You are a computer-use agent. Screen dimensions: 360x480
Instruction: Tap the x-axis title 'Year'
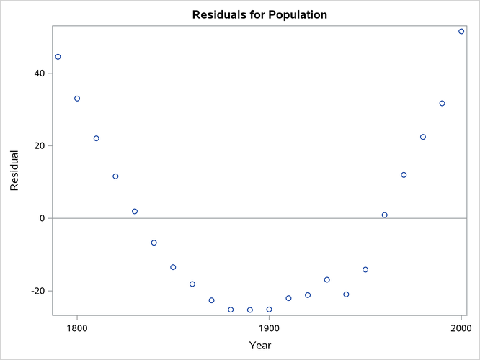click(x=259, y=346)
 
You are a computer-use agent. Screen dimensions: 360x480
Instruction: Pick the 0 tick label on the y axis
click(x=43, y=218)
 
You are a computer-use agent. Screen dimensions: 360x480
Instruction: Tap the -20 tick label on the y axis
click(x=37, y=291)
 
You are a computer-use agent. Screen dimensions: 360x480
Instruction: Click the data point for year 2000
click(x=461, y=32)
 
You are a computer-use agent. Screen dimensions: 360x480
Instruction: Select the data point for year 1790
click(x=58, y=57)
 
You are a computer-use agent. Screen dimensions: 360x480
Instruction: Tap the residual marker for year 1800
click(x=77, y=99)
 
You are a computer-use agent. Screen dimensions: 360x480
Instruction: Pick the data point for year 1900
click(x=269, y=310)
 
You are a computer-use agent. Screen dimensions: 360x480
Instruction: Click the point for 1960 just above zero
click(x=384, y=215)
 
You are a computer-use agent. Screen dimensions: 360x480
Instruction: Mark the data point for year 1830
click(x=135, y=212)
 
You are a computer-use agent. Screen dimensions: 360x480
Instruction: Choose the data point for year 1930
click(x=326, y=280)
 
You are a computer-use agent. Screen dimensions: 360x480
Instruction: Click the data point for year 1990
click(x=442, y=104)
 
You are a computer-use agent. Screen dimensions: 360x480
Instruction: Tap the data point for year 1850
click(x=173, y=267)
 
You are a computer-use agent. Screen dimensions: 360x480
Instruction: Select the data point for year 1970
click(x=404, y=175)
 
